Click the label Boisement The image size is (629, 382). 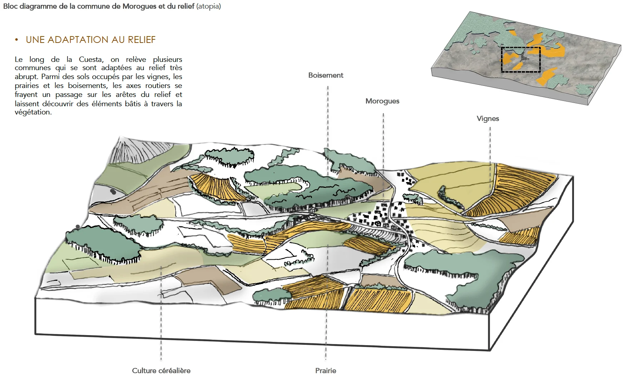click(326, 75)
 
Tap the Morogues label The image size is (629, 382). click(382, 101)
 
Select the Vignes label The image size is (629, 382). click(487, 119)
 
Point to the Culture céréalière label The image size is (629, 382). click(161, 371)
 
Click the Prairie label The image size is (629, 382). click(326, 371)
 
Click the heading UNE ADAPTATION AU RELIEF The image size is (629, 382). click(91, 40)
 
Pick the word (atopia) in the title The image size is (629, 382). click(209, 6)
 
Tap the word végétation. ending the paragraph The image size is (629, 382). click(33, 112)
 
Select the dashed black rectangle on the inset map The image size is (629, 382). click(521, 60)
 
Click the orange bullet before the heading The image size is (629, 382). click(16, 40)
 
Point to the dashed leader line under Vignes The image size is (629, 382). click(490, 143)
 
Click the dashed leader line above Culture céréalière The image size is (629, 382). click(161, 322)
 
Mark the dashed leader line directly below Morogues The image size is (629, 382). click(383, 143)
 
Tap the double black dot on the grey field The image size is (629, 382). click(113, 192)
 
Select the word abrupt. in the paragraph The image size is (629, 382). click(26, 77)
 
